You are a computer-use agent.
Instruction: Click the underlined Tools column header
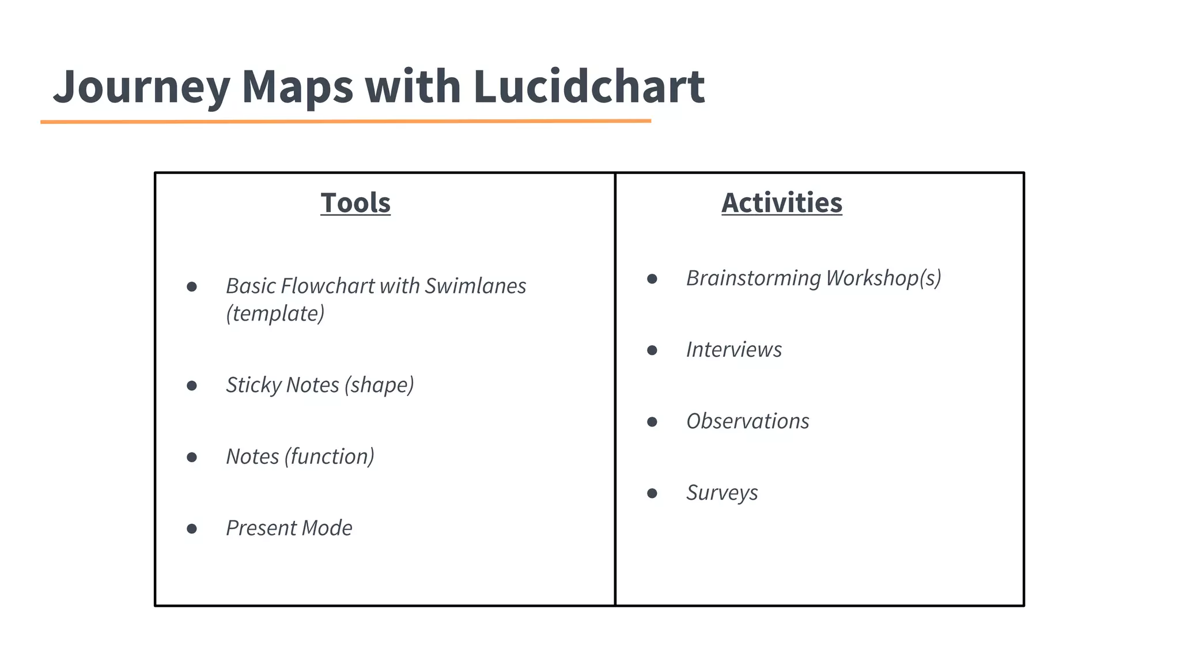pyautogui.click(x=355, y=203)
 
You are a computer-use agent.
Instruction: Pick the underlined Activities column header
pyautogui.click(x=782, y=203)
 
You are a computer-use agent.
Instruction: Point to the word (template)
pyautogui.click(x=275, y=314)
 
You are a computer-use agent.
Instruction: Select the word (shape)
pyautogui.click(x=379, y=385)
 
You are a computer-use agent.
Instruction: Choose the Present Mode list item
pyautogui.click(x=289, y=528)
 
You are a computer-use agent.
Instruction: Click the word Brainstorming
pyautogui.click(x=753, y=278)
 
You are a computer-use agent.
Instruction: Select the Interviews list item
pyautogui.click(x=733, y=350)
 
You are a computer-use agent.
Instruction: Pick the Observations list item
pyautogui.click(x=747, y=421)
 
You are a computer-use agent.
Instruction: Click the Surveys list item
pyautogui.click(x=722, y=493)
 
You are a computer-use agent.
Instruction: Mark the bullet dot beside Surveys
pyautogui.click(x=652, y=493)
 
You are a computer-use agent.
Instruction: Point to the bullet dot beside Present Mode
pyautogui.click(x=192, y=529)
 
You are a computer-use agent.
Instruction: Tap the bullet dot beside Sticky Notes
pyautogui.click(x=192, y=386)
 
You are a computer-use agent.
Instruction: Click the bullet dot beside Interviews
pyautogui.click(x=652, y=350)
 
